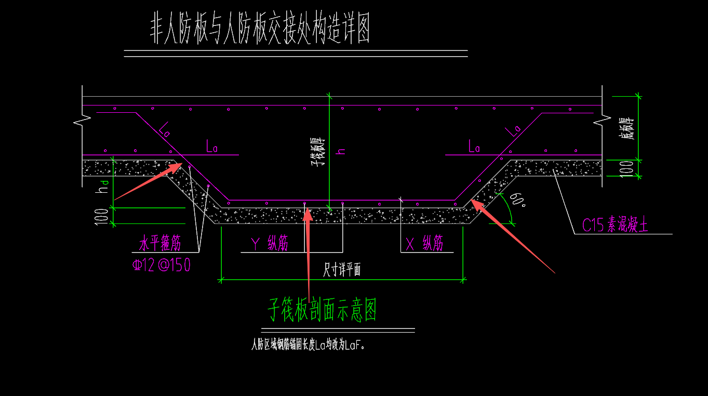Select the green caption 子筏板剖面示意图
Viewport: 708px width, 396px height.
322,310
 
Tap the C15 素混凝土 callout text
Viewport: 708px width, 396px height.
615,226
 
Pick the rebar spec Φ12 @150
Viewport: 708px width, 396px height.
162,266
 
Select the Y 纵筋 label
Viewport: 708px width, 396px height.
269,243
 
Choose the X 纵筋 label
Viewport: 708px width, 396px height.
424,243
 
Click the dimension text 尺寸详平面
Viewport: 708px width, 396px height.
342,270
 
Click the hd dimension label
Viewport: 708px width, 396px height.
104,186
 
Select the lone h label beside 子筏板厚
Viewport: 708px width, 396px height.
341,151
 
